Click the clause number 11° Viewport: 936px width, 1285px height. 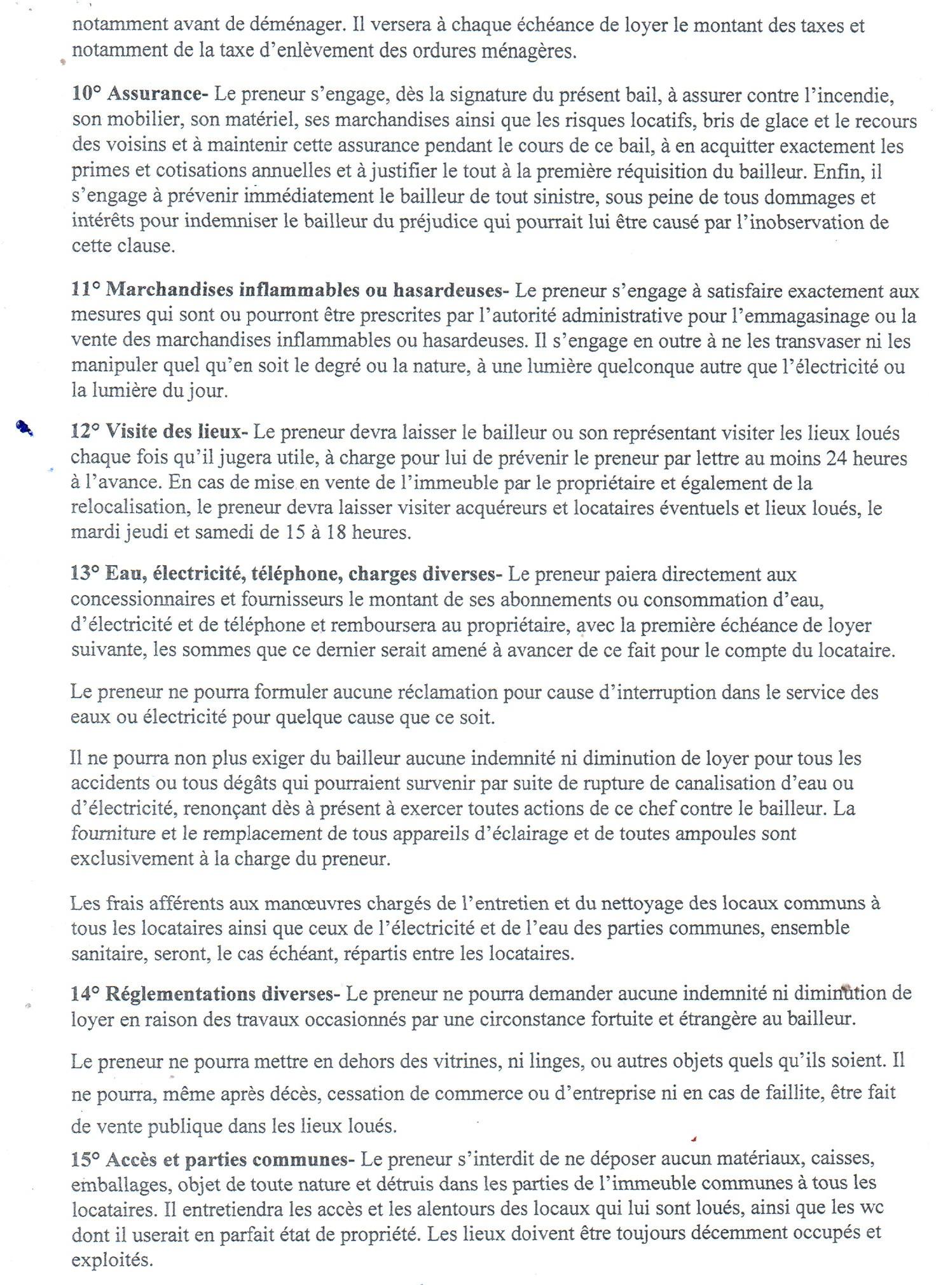click(x=86, y=291)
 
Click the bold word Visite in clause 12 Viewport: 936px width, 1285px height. click(x=131, y=432)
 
